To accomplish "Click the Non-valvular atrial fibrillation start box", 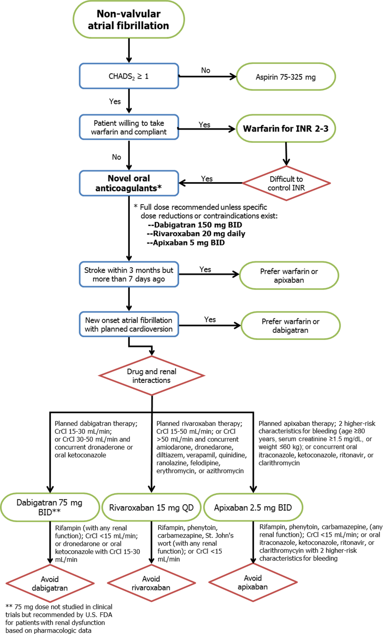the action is click(x=129, y=20).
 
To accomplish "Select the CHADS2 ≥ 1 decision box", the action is click(x=129, y=76).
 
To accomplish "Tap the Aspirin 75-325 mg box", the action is click(x=286, y=77).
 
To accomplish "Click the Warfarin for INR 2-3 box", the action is click(x=286, y=129).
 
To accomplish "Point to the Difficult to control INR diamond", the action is click(x=286, y=183).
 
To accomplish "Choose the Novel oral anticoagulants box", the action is click(x=129, y=183).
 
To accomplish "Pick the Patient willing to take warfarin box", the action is click(x=129, y=127).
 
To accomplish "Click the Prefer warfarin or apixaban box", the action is click(x=289, y=275).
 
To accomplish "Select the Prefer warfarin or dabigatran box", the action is click(x=290, y=325).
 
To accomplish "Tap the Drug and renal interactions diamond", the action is click(x=151, y=376).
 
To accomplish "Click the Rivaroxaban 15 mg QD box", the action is click(x=151, y=508).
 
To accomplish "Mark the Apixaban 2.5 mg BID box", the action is click(x=253, y=508).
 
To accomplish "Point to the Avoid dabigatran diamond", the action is click(x=50, y=583).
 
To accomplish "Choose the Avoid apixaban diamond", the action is click(x=253, y=582).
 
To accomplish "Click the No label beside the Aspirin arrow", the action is click(x=206, y=70).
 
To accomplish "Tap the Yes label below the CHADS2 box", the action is click(x=115, y=101).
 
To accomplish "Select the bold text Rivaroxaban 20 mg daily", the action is click(x=196, y=234).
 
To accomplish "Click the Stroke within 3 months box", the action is click(x=129, y=274).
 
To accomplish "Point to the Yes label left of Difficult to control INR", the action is click(x=207, y=178).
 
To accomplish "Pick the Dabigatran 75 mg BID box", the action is click(x=50, y=507).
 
